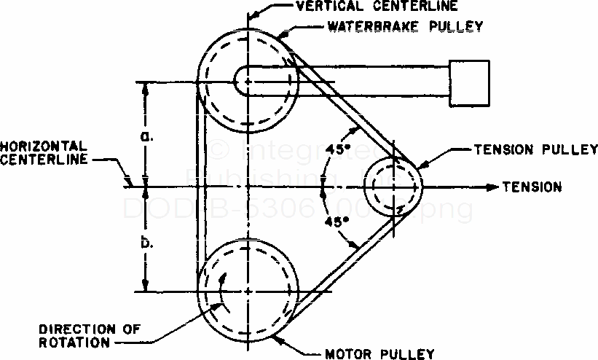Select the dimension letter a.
(146, 136)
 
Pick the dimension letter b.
(146, 242)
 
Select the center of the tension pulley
(393, 186)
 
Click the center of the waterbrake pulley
(248, 82)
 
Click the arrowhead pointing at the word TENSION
(495, 187)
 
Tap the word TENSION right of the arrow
(532, 187)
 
